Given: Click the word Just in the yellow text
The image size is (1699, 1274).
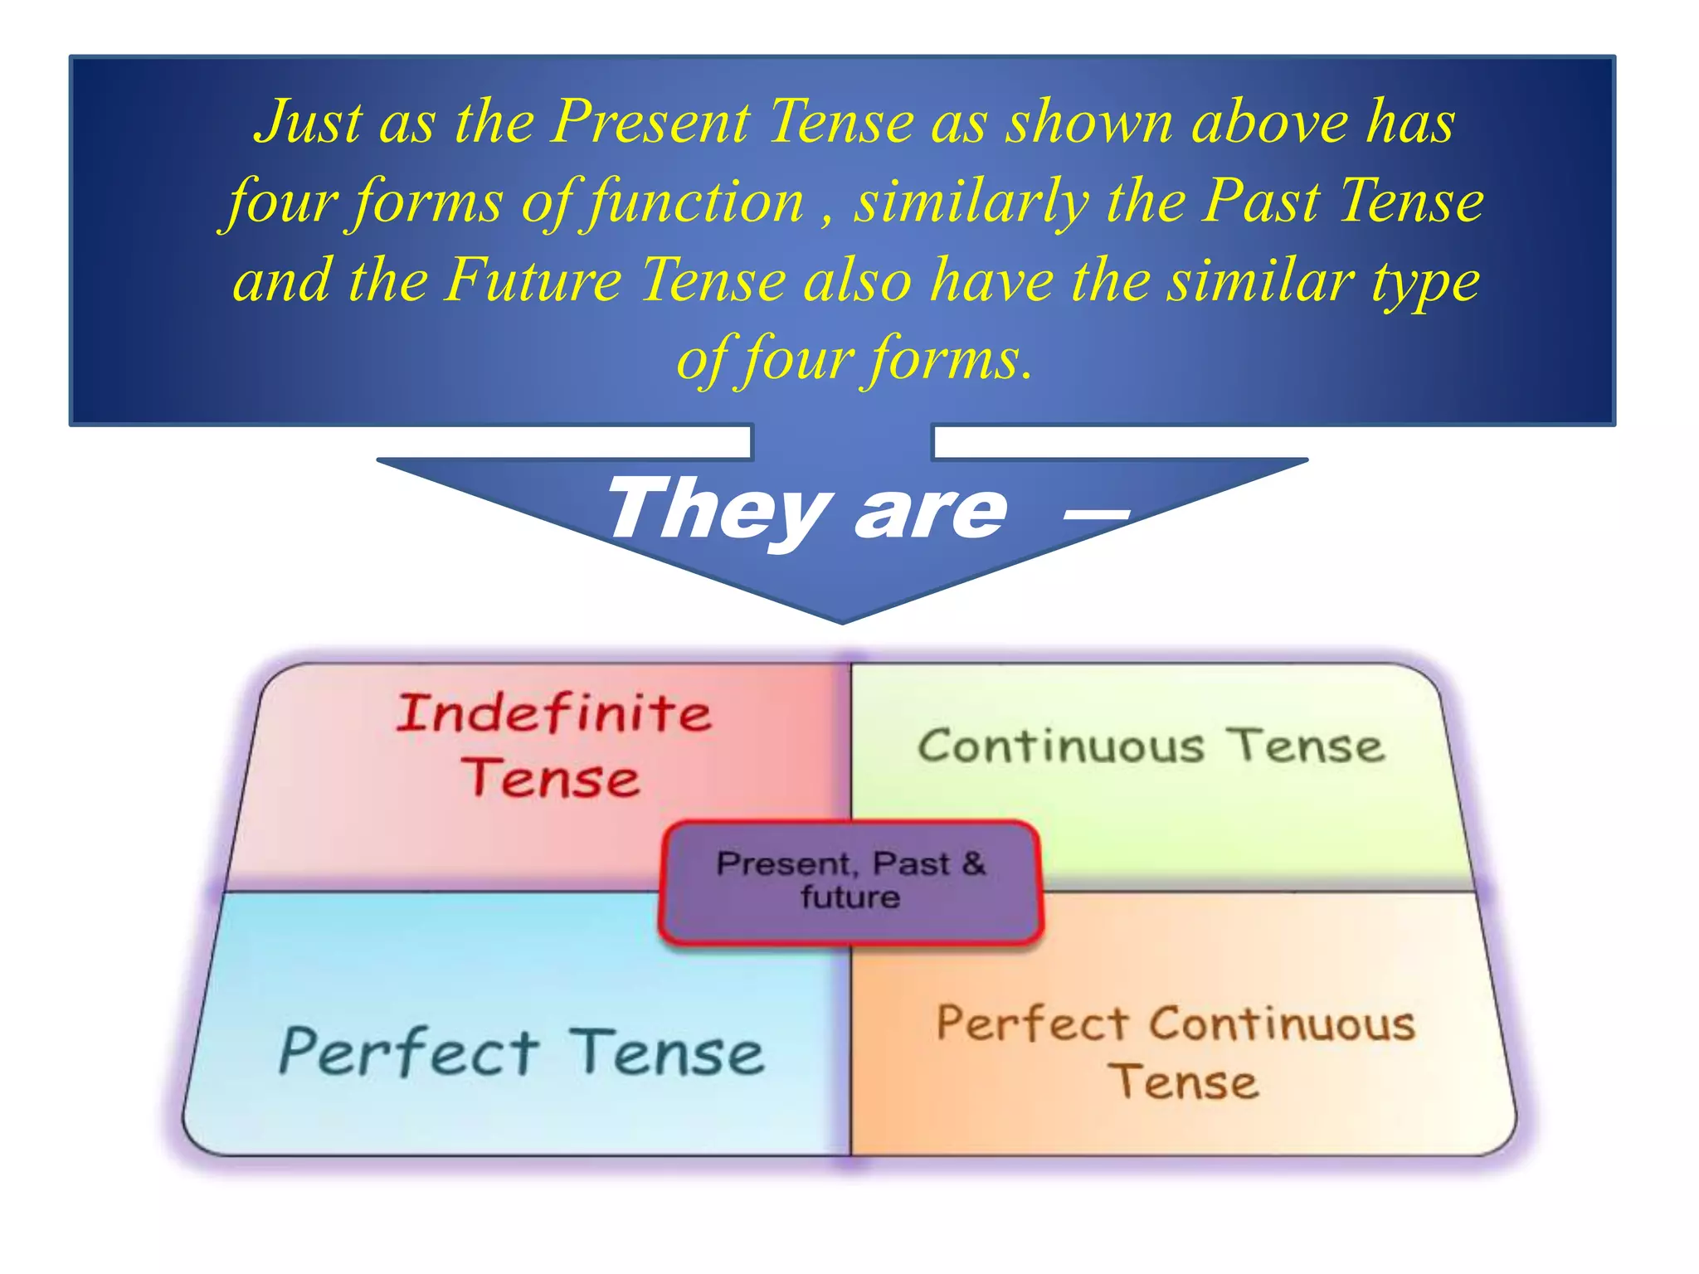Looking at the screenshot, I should tap(309, 123).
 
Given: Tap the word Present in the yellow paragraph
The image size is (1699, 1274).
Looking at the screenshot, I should tap(651, 123).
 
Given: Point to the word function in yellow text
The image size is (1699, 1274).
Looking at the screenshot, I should tap(695, 202).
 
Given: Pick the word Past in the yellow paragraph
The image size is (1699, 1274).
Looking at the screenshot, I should tap(1262, 202).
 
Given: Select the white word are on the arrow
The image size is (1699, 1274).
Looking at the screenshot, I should tap(931, 511).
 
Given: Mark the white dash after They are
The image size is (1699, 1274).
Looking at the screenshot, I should tap(1097, 513).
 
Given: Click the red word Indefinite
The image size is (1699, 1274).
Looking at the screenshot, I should tap(553, 712).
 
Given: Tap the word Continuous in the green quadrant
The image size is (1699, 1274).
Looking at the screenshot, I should tap(1060, 746).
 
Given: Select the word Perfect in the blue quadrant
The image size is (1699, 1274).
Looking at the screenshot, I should tap(410, 1052).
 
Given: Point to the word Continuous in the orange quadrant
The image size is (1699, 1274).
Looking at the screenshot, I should tap(1283, 1024).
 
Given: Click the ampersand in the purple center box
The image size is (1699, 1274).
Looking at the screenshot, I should tap(974, 864).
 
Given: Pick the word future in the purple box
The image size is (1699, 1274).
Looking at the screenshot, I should tap(850, 897).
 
